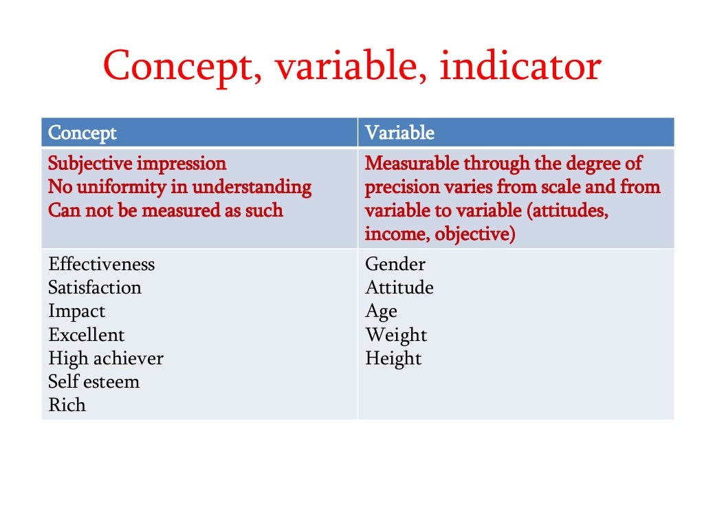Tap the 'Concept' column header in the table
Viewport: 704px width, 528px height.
tap(82, 133)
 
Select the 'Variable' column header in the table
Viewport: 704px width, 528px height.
tap(399, 133)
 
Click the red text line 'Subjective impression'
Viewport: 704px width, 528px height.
tap(137, 164)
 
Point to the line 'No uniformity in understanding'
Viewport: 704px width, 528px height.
tap(179, 187)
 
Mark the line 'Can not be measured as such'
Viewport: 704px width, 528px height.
tap(165, 210)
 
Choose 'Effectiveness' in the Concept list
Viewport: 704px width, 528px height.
tap(102, 265)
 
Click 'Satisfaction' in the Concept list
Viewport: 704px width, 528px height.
tap(95, 287)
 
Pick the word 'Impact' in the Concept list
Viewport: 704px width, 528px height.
tap(76, 311)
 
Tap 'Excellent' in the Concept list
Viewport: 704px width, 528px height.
tap(87, 335)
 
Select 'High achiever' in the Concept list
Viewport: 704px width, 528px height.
tap(106, 359)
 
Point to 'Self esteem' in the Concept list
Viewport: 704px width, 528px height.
tap(93, 382)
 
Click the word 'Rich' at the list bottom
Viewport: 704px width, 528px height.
tap(67, 405)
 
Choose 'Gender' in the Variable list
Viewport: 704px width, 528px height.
tap(395, 265)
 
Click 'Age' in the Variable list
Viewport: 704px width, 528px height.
tap(381, 312)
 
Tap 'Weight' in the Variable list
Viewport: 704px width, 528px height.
tap(396, 335)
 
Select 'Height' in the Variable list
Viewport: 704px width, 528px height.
tap(393, 359)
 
